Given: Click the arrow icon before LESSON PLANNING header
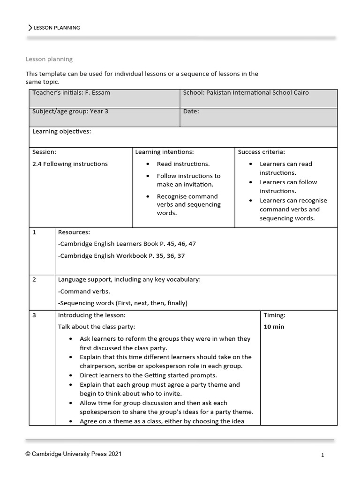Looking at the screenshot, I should click(30, 28).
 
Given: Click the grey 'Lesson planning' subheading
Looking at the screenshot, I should click(49, 59).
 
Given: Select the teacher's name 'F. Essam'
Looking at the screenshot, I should click(97, 93).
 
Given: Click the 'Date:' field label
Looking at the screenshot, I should click(191, 112).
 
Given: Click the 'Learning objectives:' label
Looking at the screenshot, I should click(61, 132).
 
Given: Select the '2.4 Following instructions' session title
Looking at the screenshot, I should click(70, 164).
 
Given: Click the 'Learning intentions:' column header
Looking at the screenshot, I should click(164, 152).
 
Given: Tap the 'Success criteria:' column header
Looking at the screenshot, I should click(261, 152).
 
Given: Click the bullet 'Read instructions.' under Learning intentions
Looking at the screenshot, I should click(183, 164).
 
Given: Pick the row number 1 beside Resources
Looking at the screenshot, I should click(34, 232).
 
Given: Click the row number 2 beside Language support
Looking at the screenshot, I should click(34, 279).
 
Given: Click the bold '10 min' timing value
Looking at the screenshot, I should click(274, 327).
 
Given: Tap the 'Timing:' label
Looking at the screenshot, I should click(274, 315).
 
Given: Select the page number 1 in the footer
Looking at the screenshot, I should click(322, 455).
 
